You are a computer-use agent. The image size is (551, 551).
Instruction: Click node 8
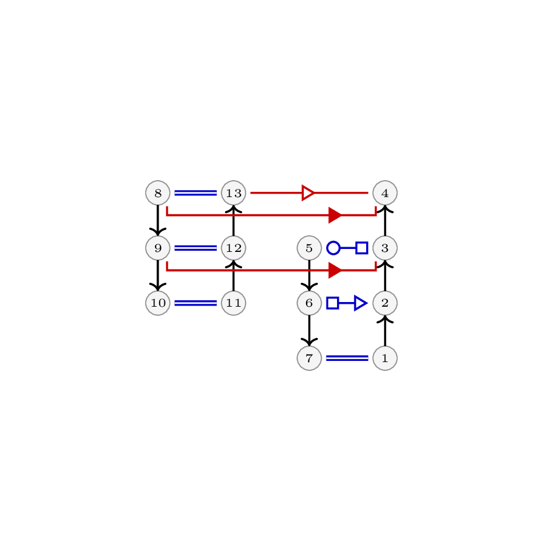pyautogui.click(x=158, y=193)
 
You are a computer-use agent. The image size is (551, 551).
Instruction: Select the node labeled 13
pyautogui.click(x=234, y=193)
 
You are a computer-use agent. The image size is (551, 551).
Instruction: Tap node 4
pyautogui.click(x=385, y=193)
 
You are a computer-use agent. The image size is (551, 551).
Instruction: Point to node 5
pyautogui.click(x=309, y=248)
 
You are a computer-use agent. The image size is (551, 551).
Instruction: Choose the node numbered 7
pyautogui.click(x=309, y=358)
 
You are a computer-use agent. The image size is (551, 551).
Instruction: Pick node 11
pyautogui.click(x=234, y=303)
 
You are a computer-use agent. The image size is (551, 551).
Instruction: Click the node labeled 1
pyautogui.click(x=385, y=358)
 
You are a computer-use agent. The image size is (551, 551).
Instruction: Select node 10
pyautogui.click(x=158, y=303)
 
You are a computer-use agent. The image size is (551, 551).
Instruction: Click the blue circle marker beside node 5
pyautogui.click(x=334, y=248)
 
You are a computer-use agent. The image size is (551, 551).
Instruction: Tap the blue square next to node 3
pyautogui.click(x=362, y=248)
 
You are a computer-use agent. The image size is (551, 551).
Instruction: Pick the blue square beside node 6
pyautogui.click(x=332, y=303)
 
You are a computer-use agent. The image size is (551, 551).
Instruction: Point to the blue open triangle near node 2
pyautogui.click(x=361, y=303)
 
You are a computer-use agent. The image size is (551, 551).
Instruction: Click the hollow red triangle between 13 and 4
pyautogui.click(x=308, y=193)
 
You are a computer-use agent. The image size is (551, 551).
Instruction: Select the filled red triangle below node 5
pyautogui.click(x=335, y=270)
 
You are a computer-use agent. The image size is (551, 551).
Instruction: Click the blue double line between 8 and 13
pyautogui.click(x=196, y=193)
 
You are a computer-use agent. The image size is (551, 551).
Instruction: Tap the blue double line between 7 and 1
pyautogui.click(x=347, y=358)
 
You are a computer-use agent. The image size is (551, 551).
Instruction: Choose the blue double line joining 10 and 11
pyautogui.click(x=196, y=303)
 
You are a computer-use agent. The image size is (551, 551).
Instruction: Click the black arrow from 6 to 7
pyautogui.click(x=309, y=331)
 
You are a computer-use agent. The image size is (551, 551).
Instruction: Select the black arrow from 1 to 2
pyautogui.click(x=385, y=331)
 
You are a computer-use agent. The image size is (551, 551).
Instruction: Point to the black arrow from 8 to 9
pyautogui.click(x=158, y=220)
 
